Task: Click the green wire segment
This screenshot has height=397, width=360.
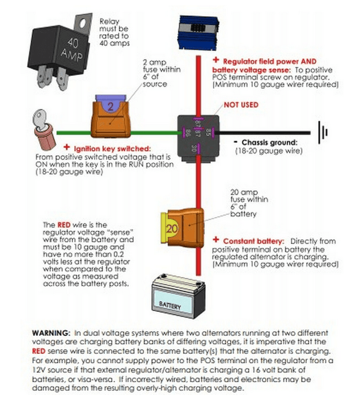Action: pos(150,133)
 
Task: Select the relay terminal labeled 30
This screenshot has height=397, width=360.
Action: pos(195,148)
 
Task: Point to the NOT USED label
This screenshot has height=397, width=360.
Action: pos(240,105)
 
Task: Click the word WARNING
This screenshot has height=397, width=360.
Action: pos(50,332)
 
